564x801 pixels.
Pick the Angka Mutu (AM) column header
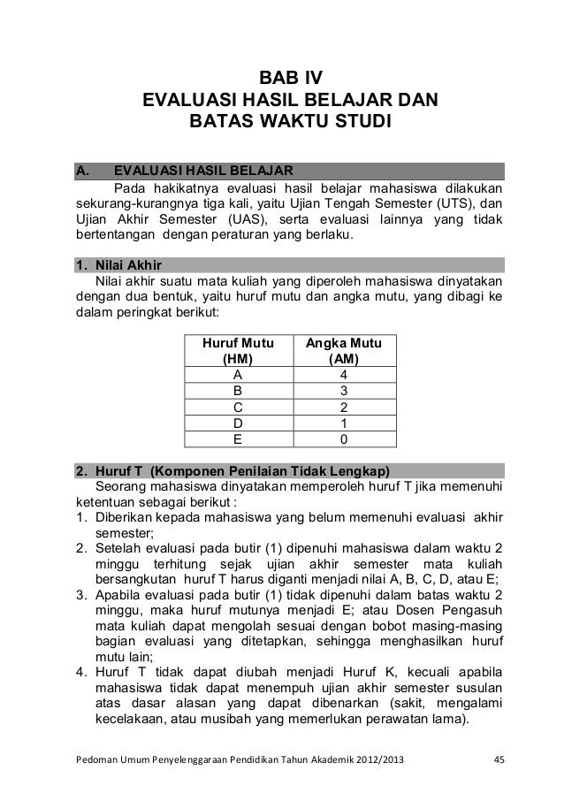(343, 350)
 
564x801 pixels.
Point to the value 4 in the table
(343, 374)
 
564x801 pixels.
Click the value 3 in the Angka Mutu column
(343, 391)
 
